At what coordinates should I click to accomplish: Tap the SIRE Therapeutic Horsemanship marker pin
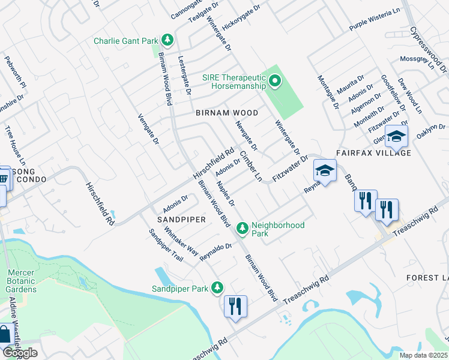(275, 80)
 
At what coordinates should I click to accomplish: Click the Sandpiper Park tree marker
(216, 288)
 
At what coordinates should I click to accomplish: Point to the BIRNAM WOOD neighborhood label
(227, 113)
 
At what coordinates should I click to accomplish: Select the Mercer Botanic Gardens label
(22, 281)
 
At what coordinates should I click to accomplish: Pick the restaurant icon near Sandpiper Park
(235, 307)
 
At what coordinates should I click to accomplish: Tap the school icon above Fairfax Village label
(396, 137)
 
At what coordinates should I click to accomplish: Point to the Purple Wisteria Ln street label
(375, 20)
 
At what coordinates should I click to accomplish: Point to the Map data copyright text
(424, 355)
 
